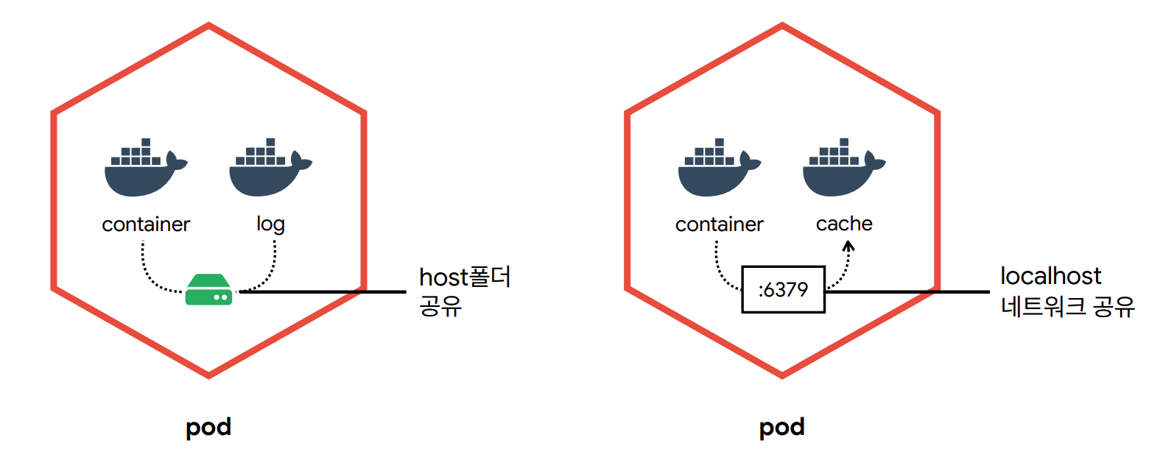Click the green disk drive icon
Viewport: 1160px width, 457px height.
tap(208, 289)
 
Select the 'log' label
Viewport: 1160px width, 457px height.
tap(271, 224)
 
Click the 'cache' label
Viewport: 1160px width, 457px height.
tap(844, 224)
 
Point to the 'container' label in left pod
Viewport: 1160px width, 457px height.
tap(146, 224)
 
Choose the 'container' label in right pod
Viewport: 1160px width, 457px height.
tap(720, 224)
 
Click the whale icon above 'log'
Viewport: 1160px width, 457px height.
tap(270, 167)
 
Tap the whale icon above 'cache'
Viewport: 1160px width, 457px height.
tap(844, 167)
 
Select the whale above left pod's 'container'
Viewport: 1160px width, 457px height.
tap(146, 167)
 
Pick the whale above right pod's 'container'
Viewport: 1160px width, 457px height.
tap(720, 167)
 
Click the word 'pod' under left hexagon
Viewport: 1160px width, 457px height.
tap(208, 428)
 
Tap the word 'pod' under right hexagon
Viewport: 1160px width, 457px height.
tap(782, 428)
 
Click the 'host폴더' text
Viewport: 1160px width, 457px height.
tap(465, 277)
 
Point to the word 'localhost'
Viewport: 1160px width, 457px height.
tap(1051, 276)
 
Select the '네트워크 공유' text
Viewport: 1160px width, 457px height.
tap(1068, 306)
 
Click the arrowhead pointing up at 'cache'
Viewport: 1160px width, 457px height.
tap(848, 246)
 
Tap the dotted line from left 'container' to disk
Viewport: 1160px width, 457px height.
tap(151, 275)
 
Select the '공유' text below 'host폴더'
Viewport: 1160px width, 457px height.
tap(440, 306)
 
